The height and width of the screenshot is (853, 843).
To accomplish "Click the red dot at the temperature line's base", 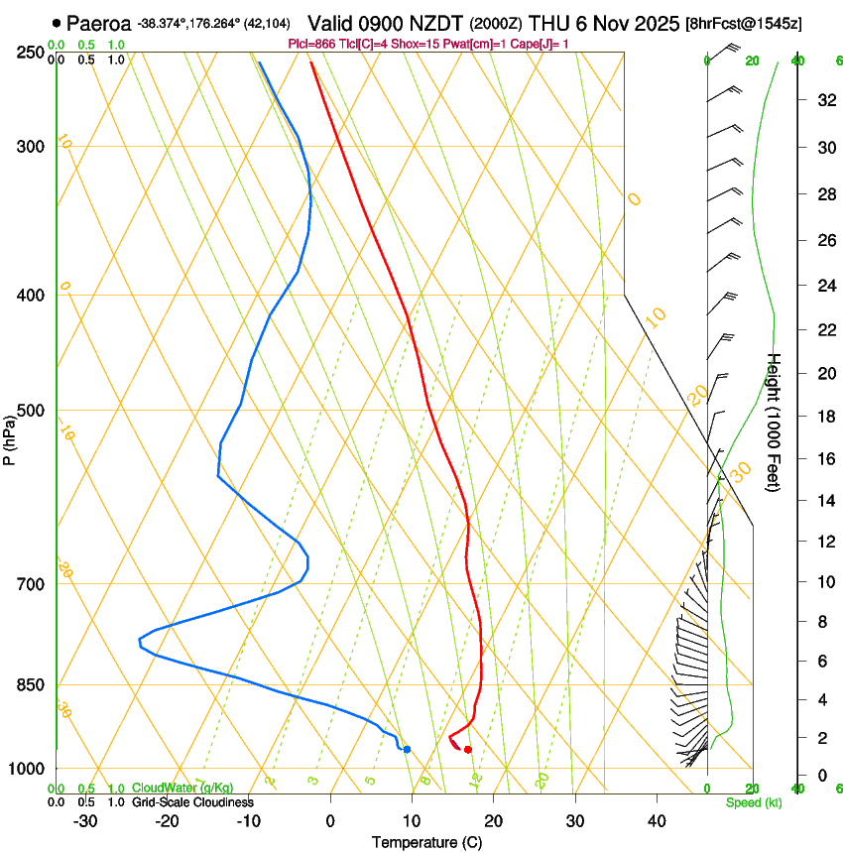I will tap(467, 749).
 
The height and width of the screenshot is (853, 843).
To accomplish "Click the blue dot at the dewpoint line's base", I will tap(407, 749).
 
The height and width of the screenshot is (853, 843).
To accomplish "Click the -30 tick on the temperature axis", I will tap(85, 821).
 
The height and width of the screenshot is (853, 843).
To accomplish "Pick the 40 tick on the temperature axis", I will tap(657, 821).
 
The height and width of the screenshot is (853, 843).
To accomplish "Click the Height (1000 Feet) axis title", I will tap(775, 423).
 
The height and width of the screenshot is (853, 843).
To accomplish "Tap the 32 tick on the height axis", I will tap(823, 100).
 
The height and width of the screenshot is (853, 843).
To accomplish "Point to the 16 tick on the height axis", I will tap(823, 459).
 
